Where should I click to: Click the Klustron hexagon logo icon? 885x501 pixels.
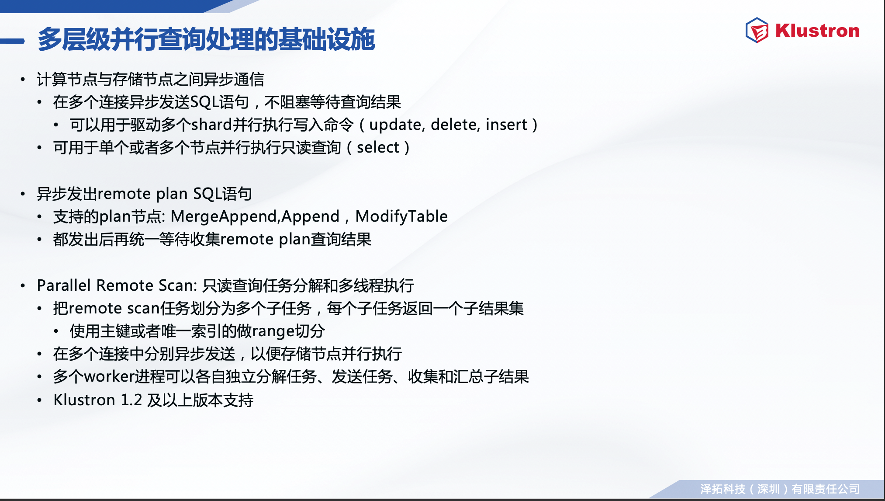tap(757, 30)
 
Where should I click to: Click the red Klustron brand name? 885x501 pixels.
tap(817, 31)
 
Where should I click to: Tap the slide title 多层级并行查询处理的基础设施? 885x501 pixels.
tap(206, 39)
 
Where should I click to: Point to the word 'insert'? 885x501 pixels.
tap(506, 125)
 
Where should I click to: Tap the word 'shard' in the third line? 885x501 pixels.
tap(211, 125)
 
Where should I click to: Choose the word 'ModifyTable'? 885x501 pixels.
tap(401, 216)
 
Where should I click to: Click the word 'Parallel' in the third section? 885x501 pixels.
tap(64, 285)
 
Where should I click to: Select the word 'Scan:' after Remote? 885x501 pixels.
tap(178, 285)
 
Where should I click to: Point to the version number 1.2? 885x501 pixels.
tap(131, 400)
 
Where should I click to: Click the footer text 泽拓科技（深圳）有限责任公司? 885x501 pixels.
tap(780, 489)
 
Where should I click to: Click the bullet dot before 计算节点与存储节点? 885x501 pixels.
tap(23, 80)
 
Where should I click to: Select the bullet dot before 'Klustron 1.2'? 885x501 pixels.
tap(39, 400)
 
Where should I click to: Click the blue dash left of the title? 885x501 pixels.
tap(12, 41)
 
